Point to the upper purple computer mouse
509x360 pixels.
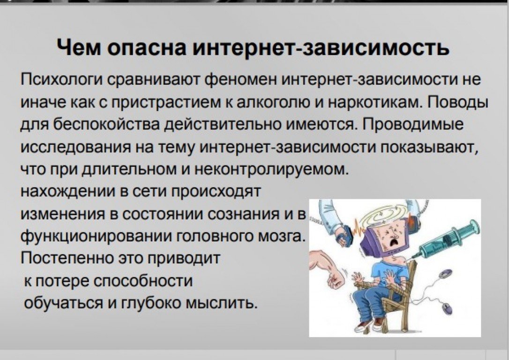[445, 274]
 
